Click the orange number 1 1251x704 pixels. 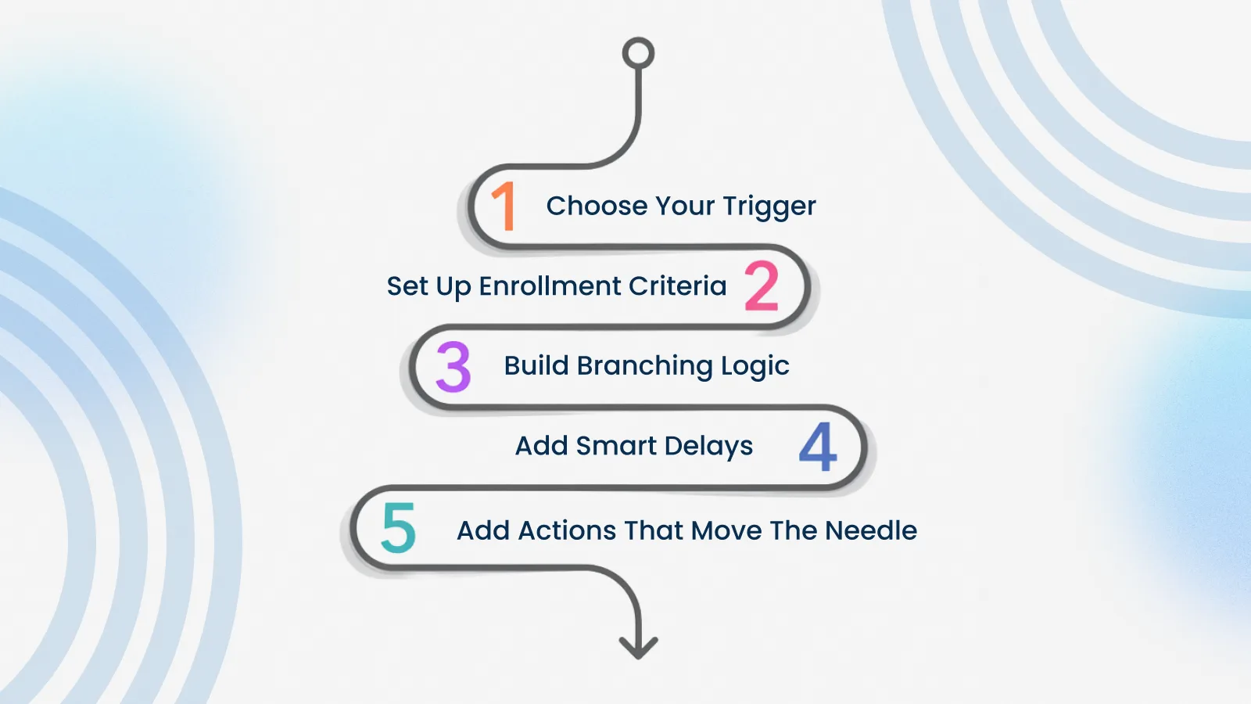pyautogui.click(x=504, y=207)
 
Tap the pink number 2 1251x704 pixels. pyautogui.click(x=762, y=286)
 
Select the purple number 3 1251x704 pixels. pyautogui.click(x=453, y=366)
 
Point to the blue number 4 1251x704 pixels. pyautogui.click(x=818, y=447)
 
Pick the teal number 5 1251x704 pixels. pyautogui.click(x=398, y=528)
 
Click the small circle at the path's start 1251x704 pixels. pyautogui.click(x=638, y=54)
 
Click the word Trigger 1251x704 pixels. pyautogui.click(x=769, y=207)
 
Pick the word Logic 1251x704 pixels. pyautogui.click(x=755, y=367)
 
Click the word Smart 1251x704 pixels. pyautogui.click(x=616, y=446)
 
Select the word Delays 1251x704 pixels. pyautogui.click(x=708, y=447)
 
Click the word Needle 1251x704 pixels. pyautogui.click(x=871, y=530)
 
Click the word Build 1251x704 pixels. pyautogui.click(x=536, y=365)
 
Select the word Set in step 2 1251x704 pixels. pyautogui.click(x=407, y=286)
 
